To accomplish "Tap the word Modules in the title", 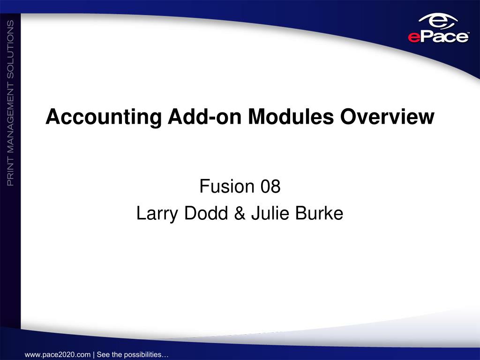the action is tap(291, 116).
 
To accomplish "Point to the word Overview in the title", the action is tap(387, 116).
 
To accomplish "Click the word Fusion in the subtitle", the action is tap(227, 186).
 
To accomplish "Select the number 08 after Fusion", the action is tap(270, 186).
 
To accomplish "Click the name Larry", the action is tap(157, 214).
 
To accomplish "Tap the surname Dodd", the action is tap(206, 213).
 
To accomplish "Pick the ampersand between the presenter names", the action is tap(240, 213).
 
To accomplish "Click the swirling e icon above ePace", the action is tap(438, 22).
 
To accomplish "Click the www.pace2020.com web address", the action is tap(58, 355).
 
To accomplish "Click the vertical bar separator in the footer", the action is tap(94, 355).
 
